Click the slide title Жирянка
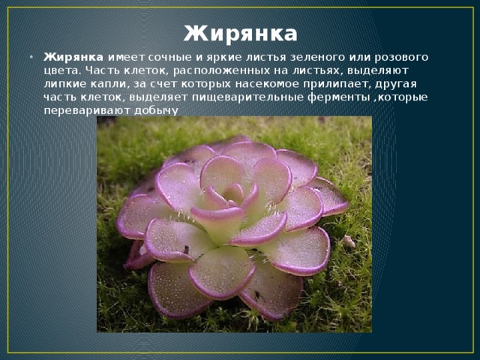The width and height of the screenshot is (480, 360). (x=240, y=34)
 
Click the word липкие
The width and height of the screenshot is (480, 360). (x=65, y=84)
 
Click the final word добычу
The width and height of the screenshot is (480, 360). (x=157, y=111)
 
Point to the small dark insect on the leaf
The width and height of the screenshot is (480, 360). (x=186, y=250)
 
